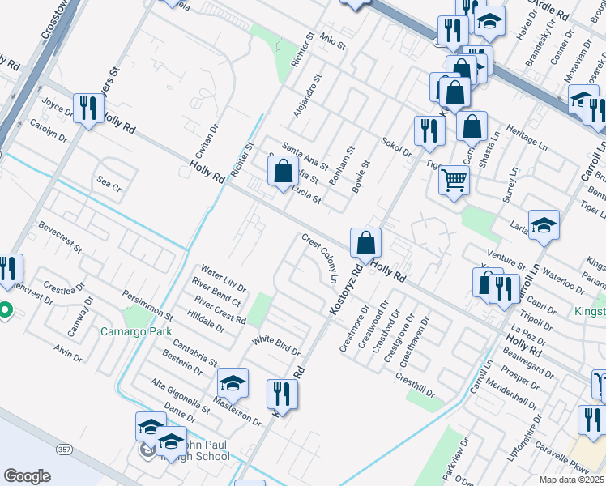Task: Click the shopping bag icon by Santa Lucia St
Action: click(283, 172)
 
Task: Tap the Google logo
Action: click(27, 475)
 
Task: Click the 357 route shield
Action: click(63, 448)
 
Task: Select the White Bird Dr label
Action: click(275, 346)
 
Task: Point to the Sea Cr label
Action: click(109, 185)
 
